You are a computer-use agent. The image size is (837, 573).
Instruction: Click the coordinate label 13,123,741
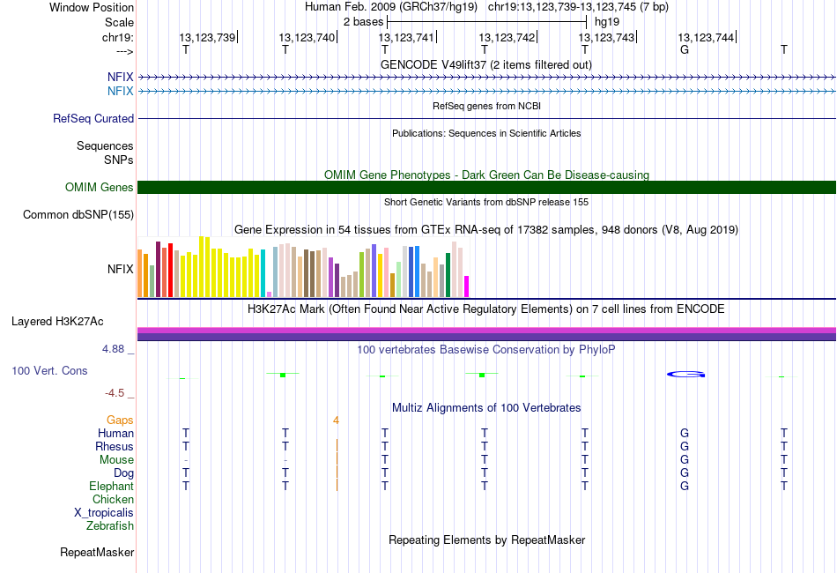point(406,37)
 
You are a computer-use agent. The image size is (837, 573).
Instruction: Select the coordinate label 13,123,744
point(706,37)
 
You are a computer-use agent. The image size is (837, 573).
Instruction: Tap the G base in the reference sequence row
point(685,49)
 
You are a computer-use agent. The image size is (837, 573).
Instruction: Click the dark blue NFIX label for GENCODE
point(121,78)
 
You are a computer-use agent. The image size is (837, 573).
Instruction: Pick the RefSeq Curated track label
point(93,118)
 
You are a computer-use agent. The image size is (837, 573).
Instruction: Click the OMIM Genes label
point(100,187)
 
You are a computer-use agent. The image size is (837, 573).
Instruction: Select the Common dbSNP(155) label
point(78,214)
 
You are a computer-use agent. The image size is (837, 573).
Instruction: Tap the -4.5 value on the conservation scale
point(118,392)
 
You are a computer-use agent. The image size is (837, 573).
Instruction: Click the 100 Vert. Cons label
point(49,371)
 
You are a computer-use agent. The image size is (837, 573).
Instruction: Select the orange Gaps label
point(120,420)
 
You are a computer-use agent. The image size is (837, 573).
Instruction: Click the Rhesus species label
point(115,447)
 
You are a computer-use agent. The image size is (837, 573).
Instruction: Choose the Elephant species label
point(112,487)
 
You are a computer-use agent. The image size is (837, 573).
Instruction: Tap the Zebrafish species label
point(110,526)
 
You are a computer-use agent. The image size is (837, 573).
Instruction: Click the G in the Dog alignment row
point(685,473)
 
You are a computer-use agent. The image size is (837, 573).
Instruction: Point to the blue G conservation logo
point(685,374)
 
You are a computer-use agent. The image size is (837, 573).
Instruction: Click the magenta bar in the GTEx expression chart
point(467,286)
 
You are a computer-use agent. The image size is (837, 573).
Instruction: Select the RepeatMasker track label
point(97,553)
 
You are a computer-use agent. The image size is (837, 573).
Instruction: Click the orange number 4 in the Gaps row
point(336,420)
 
